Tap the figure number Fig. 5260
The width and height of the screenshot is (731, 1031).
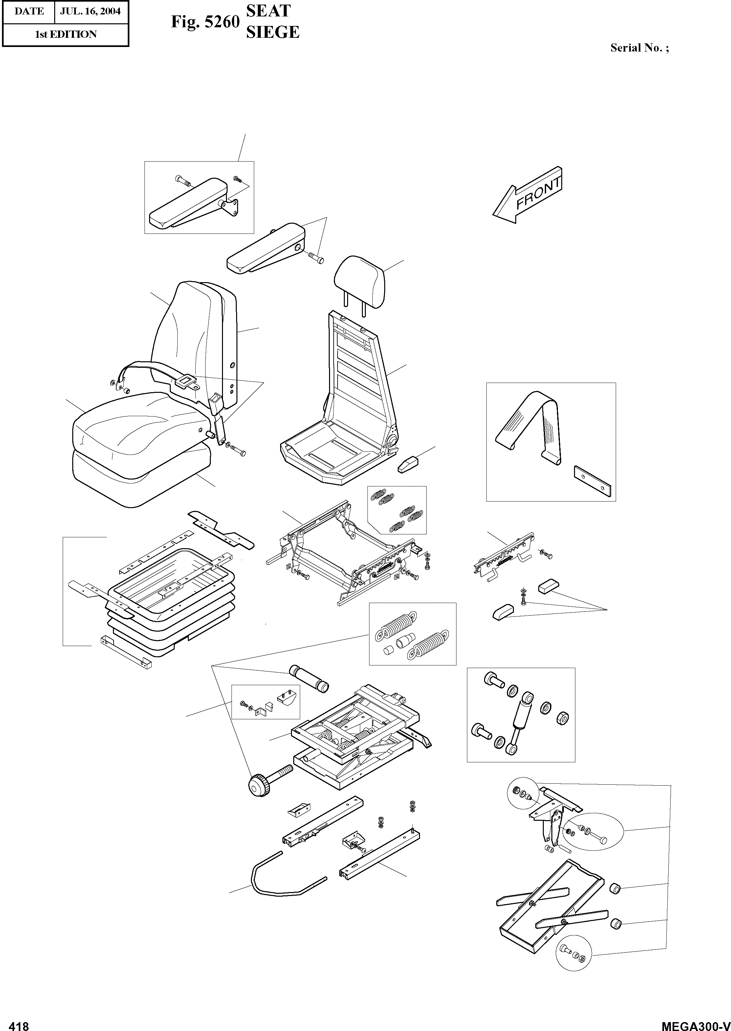(x=205, y=22)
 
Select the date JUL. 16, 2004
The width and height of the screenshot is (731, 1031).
(x=91, y=11)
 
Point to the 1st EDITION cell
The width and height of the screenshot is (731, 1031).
(x=66, y=34)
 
